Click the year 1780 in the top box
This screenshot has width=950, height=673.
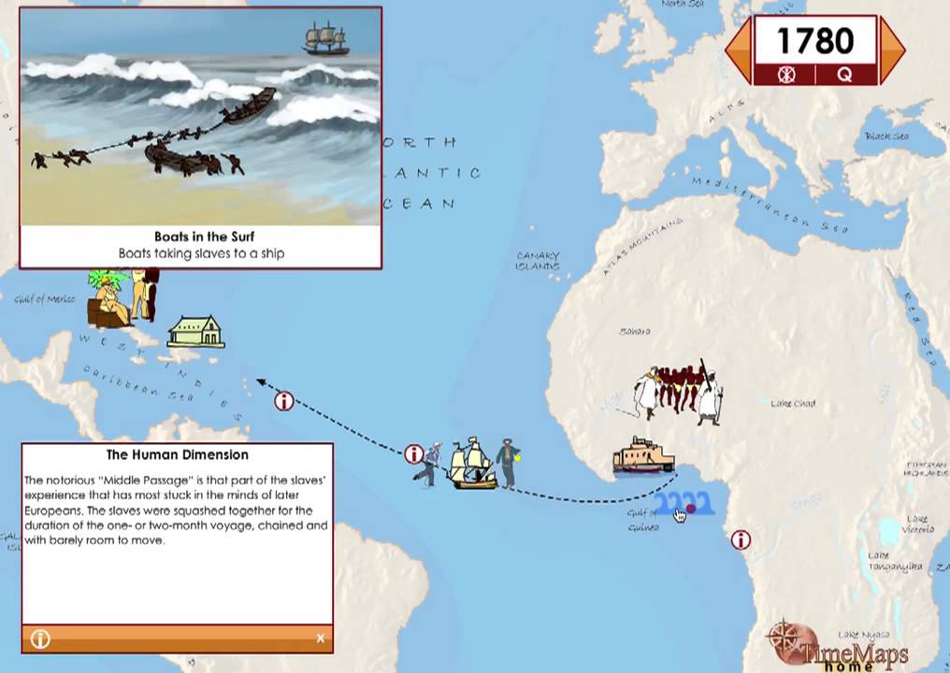(814, 41)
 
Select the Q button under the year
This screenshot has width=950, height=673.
(844, 75)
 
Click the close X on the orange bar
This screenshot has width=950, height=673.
(320, 638)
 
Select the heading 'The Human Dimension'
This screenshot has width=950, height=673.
(177, 455)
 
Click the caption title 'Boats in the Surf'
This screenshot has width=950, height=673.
(204, 236)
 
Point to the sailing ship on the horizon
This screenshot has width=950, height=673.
(325, 39)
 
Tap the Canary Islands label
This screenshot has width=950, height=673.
(538, 261)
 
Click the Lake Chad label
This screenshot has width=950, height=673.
(793, 404)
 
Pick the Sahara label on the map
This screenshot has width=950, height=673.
(634, 332)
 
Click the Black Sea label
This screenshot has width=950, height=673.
(886, 137)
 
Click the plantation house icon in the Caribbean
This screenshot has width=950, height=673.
(196, 332)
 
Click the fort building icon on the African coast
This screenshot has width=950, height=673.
(643, 455)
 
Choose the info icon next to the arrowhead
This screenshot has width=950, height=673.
(284, 401)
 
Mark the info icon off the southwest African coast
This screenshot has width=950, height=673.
(741, 539)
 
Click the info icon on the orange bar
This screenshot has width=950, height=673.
(40, 638)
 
